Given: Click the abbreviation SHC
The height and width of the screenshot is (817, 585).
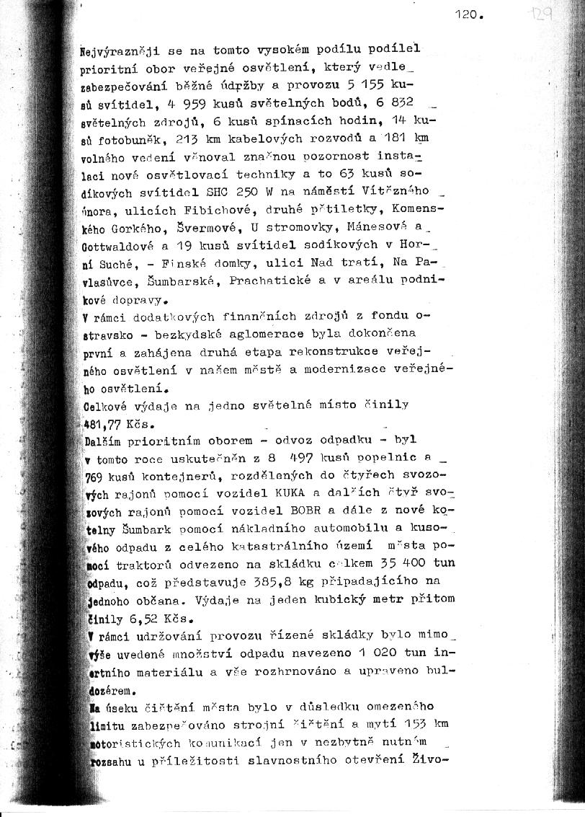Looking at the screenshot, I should point(218,191).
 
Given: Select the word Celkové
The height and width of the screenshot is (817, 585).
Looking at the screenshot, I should point(112,405).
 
